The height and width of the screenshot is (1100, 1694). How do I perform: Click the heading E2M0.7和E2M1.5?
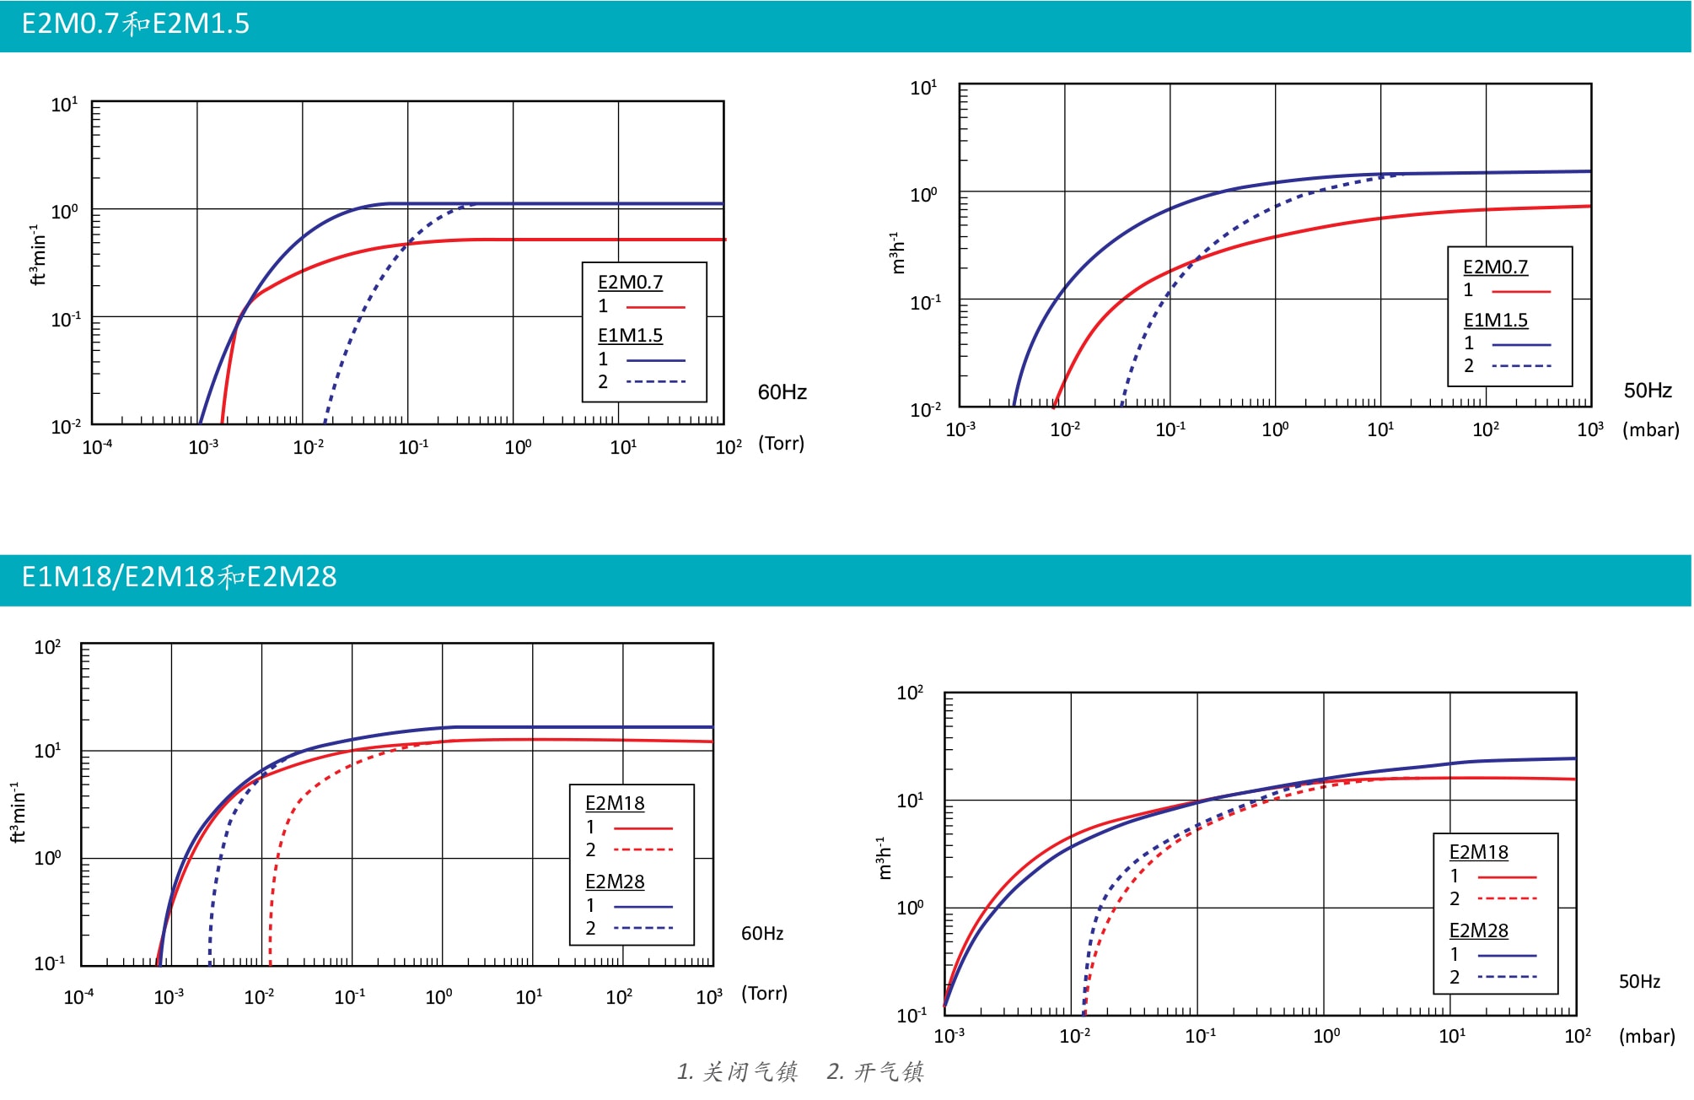coord(135,24)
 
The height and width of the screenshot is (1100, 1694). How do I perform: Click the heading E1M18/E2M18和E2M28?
coord(179,577)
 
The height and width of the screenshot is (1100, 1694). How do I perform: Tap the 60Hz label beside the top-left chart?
coord(782,392)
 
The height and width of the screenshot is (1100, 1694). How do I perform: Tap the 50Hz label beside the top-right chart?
coord(1648,391)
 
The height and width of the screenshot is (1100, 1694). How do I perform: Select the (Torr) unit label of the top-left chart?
coord(781,444)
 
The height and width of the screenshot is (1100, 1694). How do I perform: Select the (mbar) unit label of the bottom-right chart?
coord(1646,1036)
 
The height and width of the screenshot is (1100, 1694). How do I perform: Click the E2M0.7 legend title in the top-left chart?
coord(630,283)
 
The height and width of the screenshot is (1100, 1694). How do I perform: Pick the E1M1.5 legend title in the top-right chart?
coord(1495,321)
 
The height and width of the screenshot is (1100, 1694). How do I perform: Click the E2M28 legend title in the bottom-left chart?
coord(615,882)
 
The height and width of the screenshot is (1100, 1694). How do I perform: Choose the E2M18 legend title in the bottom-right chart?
coord(1478,852)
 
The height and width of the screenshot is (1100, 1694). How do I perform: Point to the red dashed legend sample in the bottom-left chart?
coord(643,849)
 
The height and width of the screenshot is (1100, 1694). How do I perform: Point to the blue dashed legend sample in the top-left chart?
coord(655,382)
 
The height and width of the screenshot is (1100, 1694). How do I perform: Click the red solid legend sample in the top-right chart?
coord(1520,291)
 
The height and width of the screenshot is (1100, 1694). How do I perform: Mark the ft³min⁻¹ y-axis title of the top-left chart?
coord(37,255)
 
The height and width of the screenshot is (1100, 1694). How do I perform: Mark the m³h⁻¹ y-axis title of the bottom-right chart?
coord(885,858)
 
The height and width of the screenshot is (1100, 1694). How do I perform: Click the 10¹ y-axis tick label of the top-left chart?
coord(64,105)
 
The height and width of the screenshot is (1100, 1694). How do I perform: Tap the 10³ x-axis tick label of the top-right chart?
coord(1589,429)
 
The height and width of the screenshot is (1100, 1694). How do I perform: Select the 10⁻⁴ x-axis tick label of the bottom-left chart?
coord(78,997)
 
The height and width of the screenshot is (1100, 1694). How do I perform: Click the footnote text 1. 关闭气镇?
coord(737,1072)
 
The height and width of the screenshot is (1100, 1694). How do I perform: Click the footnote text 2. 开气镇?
coord(875,1072)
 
